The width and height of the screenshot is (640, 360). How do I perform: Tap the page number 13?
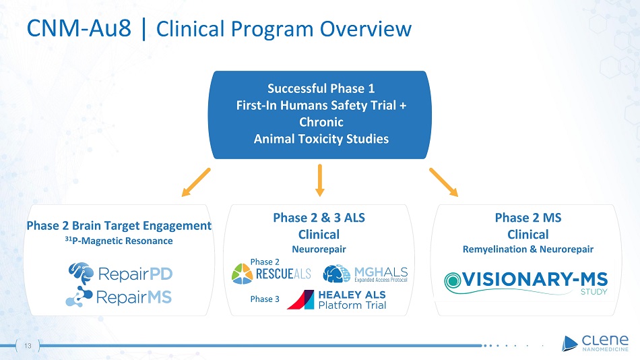click(x=28, y=345)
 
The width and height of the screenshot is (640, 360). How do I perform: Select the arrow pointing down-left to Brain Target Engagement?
click(x=196, y=182)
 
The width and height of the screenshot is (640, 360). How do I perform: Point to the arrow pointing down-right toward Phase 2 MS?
click(x=443, y=182)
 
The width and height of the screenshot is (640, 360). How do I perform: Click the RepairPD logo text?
click(x=133, y=274)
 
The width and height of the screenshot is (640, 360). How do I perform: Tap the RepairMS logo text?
click(x=134, y=297)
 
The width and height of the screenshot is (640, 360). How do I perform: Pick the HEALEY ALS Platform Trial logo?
click(x=337, y=299)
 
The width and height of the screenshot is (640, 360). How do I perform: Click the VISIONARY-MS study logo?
click(x=526, y=282)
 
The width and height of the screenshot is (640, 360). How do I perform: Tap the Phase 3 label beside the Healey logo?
click(x=264, y=299)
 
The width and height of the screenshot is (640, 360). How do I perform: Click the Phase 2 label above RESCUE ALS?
click(x=264, y=262)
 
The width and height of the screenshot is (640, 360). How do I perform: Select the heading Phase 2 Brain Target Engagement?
click(x=119, y=225)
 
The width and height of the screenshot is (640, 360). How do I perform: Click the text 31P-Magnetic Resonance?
click(x=119, y=241)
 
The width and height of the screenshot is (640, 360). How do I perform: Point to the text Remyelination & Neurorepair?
click(x=527, y=249)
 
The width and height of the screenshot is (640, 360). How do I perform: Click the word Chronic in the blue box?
click(x=321, y=122)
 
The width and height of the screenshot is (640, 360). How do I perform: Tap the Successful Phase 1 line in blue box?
click(x=321, y=88)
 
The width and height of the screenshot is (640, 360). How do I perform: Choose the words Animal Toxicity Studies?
click(x=321, y=139)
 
